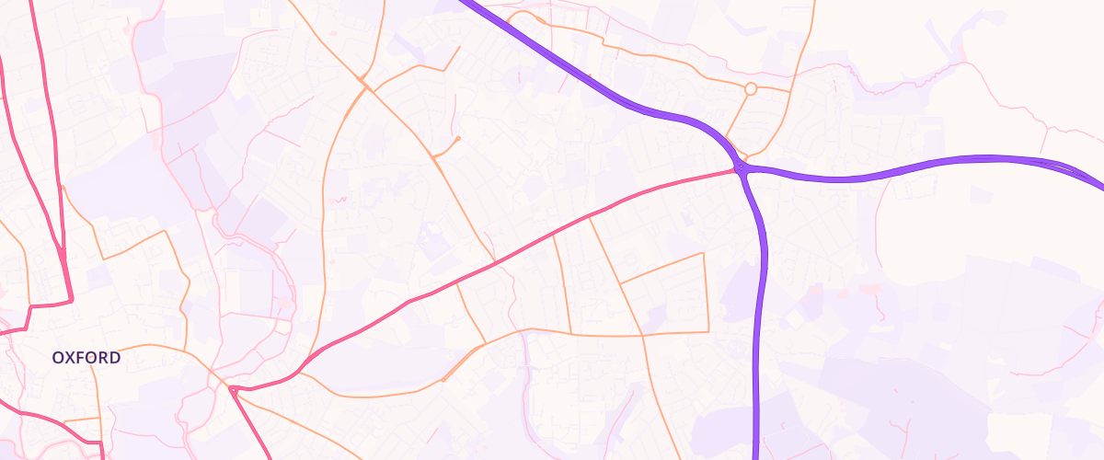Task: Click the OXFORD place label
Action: coord(86,357)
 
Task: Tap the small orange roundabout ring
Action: coord(751,88)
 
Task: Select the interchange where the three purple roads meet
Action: coord(741,168)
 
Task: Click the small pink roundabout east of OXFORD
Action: coord(233,390)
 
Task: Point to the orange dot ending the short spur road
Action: coord(458,139)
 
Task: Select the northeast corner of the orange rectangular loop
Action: coord(704,253)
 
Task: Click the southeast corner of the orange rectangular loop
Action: coord(708,331)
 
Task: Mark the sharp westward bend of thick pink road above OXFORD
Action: coord(70,300)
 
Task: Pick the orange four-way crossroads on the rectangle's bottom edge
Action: coord(643,334)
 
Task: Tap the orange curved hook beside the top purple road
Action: coord(524,16)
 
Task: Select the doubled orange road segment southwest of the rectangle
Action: coord(460,363)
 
